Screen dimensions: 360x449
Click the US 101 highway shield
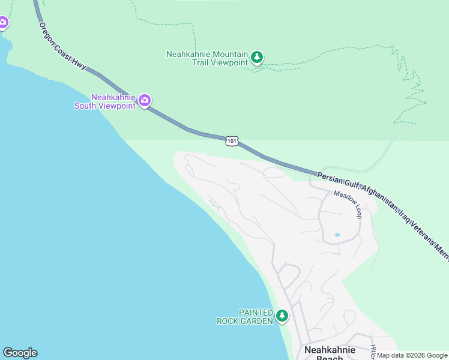point(232,141)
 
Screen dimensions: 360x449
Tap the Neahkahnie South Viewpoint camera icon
point(144,101)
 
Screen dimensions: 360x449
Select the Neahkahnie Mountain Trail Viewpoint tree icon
point(258,58)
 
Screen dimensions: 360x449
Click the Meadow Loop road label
point(349,204)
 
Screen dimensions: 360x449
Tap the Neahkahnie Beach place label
point(330,353)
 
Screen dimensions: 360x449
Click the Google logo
point(20,353)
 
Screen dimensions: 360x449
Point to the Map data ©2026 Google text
point(412,355)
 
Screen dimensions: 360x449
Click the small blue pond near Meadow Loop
point(337,235)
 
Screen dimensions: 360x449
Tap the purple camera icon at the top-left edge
point(2,23)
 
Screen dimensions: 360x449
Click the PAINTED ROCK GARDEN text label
point(246,317)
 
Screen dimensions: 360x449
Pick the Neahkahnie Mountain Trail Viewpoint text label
point(206,58)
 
